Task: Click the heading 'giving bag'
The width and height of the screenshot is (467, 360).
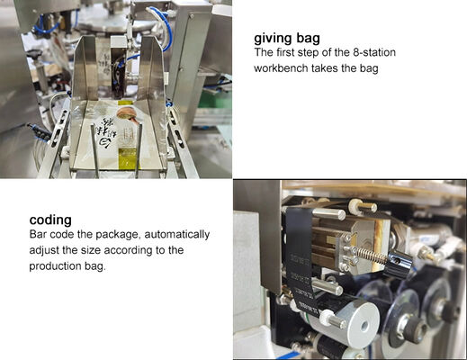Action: coord(287,39)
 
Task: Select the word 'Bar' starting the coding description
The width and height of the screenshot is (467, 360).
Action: coord(38,235)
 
